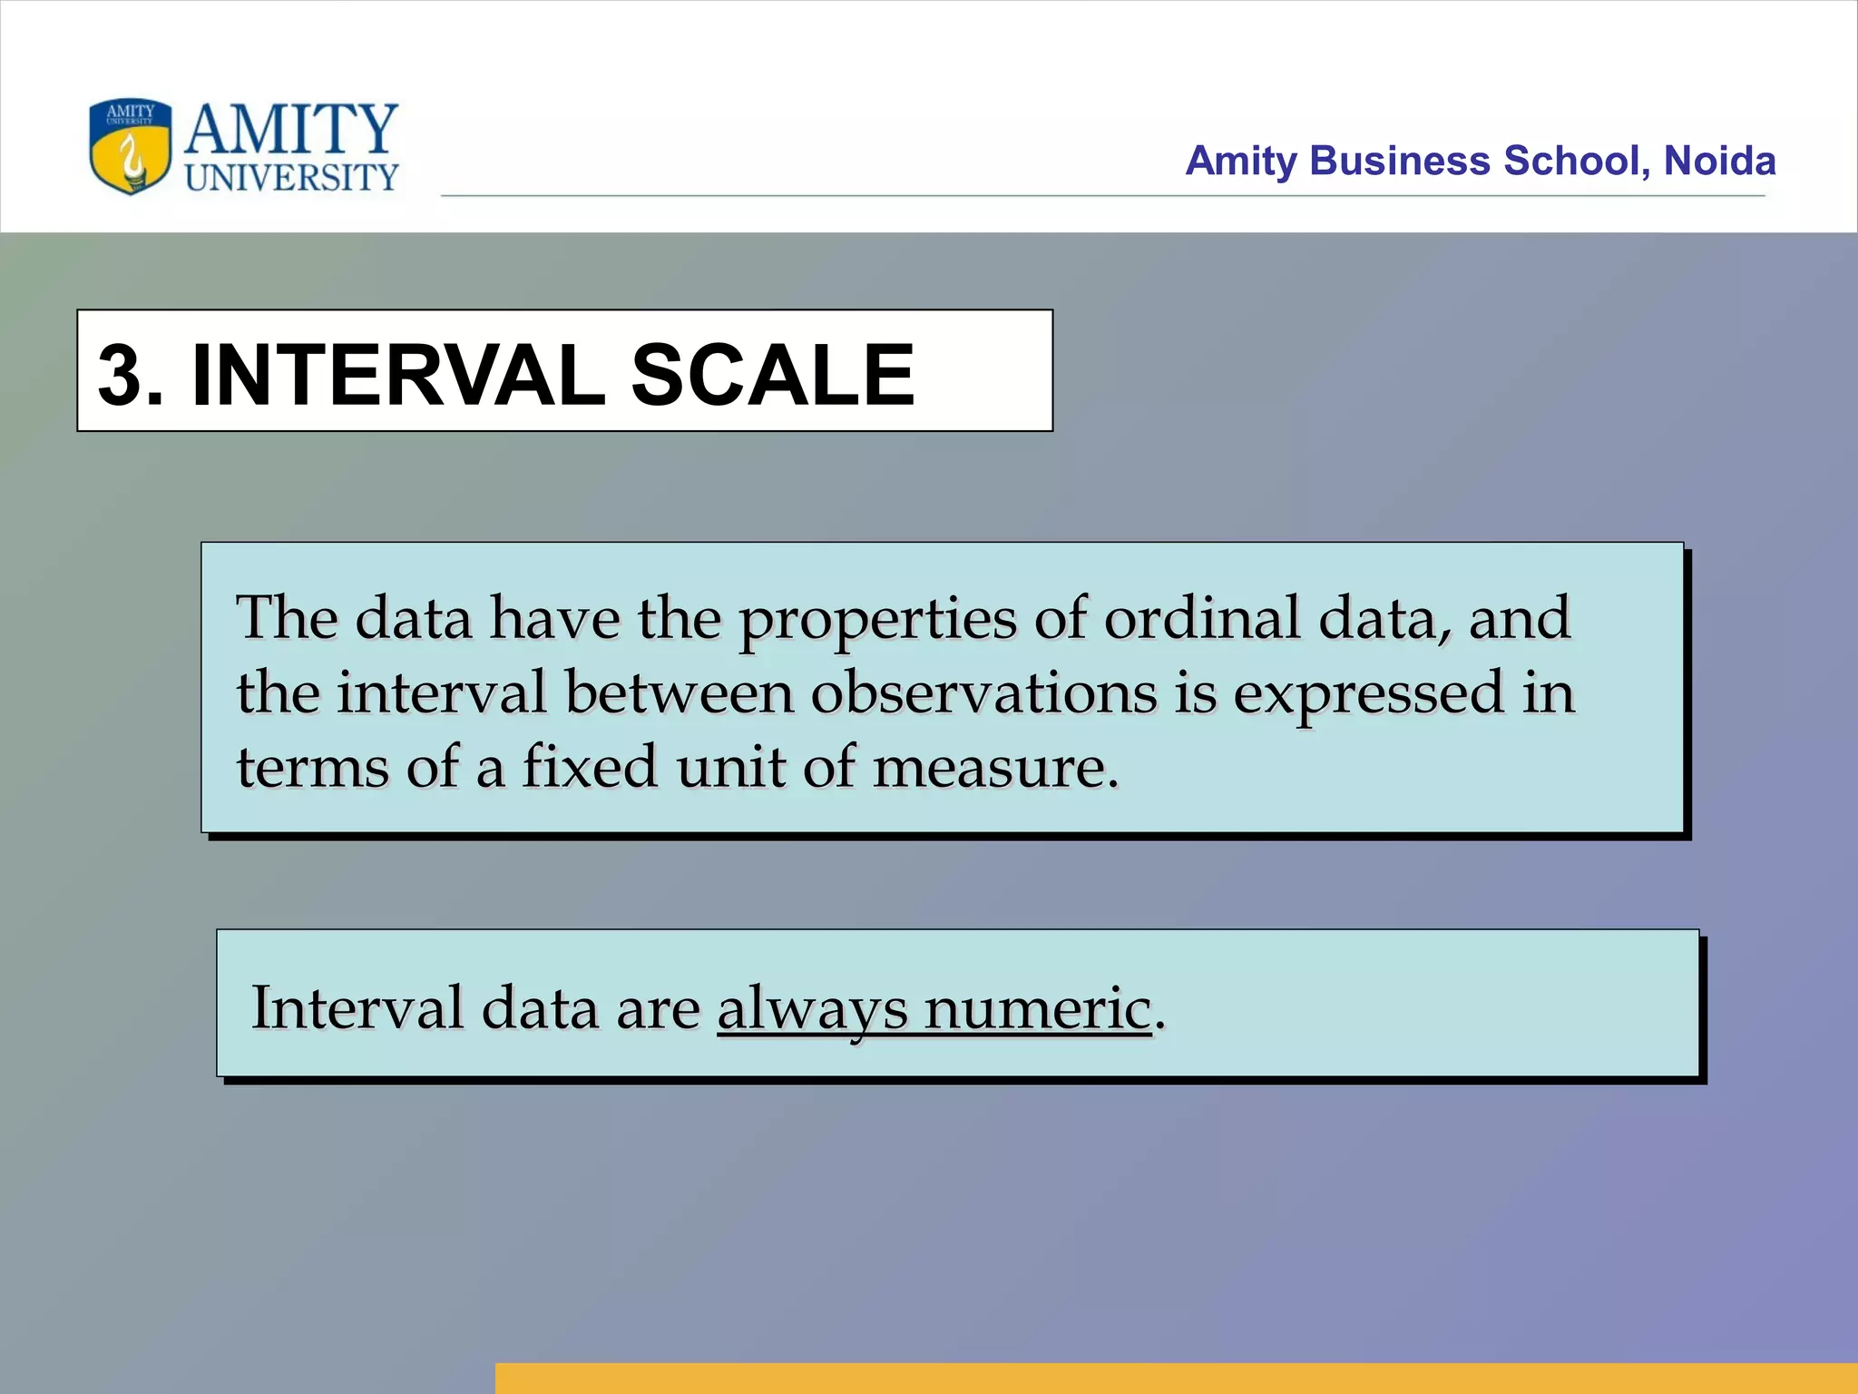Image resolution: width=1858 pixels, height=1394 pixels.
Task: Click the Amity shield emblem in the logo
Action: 130,146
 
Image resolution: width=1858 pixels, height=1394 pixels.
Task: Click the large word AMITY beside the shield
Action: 291,129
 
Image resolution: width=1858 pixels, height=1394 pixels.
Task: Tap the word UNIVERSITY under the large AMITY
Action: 291,178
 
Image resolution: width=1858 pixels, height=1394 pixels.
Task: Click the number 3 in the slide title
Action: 122,374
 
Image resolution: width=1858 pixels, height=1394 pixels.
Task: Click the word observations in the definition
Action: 983,693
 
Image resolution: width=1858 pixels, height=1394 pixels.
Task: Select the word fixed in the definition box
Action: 589,767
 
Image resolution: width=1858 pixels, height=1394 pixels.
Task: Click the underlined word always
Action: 812,1009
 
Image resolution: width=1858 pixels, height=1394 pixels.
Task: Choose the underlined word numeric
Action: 1037,1008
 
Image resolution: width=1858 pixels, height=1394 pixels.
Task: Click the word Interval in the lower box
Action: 357,1007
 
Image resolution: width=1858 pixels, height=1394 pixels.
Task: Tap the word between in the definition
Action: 679,693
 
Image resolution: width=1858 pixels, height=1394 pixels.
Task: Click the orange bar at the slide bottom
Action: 1176,1378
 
